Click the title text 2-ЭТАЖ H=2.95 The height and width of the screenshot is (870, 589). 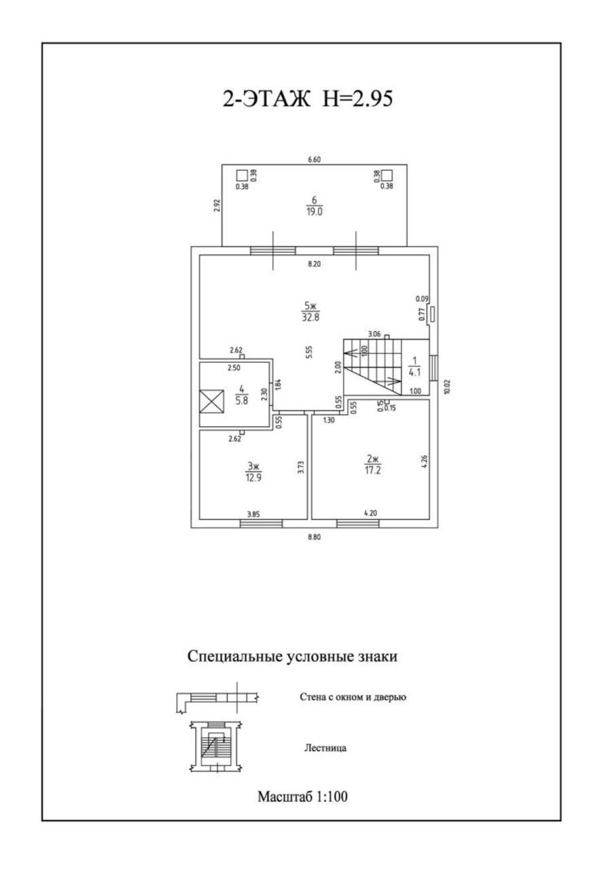point(308,99)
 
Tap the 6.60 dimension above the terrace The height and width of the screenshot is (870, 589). point(314,160)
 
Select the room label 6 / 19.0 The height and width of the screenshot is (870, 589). point(314,205)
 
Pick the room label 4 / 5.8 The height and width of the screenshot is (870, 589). point(240,396)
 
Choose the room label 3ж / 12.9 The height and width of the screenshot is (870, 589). point(253,471)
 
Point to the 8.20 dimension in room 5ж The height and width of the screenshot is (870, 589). point(314,264)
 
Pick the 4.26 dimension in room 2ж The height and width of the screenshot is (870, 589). point(425,462)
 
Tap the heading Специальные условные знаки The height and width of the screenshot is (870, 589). point(292,657)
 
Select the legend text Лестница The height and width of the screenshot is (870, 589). point(325,748)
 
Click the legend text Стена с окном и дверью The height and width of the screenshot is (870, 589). point(352,697)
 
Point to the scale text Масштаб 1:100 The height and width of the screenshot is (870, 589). point(302,796)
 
